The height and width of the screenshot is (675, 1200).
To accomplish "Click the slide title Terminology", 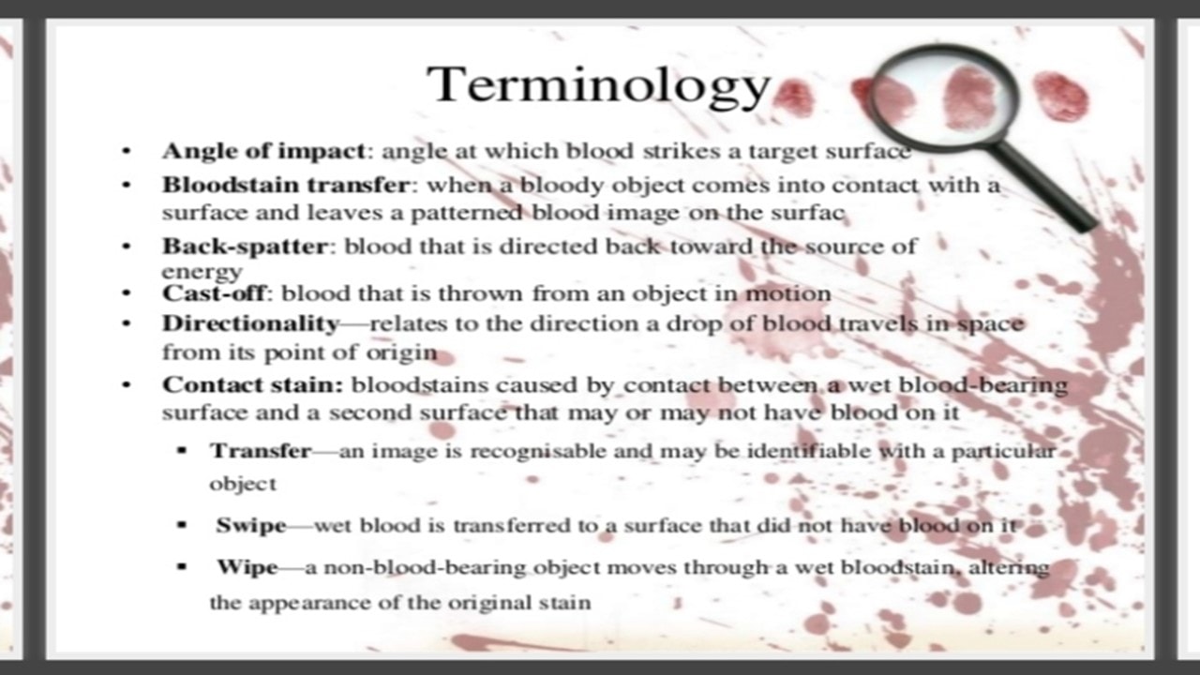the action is tap(598, 85).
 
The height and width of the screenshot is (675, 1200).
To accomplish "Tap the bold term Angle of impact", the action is tap(263, 152).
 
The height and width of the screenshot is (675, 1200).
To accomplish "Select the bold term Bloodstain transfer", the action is tap(286, 185).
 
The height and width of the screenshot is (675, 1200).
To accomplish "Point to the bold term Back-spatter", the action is tap(245, 247).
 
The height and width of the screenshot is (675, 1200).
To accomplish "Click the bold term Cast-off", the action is tap(214, 293).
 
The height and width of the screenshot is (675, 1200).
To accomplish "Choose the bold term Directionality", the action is tap(250, 324).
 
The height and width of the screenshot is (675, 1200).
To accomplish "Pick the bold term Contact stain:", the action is tap(253, 384).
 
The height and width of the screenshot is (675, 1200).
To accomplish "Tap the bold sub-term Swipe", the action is tap(251, 526).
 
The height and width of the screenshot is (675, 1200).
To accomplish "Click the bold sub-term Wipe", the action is tap(247, 567).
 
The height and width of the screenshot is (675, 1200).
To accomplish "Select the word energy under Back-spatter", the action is tap(202, 272).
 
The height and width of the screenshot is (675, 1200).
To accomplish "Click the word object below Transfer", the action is tap(243, 485).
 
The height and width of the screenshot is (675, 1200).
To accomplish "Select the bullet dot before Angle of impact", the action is tap(127, 151).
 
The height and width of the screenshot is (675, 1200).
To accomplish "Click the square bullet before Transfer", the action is tap(182, 451).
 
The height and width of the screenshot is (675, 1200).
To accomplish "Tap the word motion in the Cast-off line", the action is tap(788, 293).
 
